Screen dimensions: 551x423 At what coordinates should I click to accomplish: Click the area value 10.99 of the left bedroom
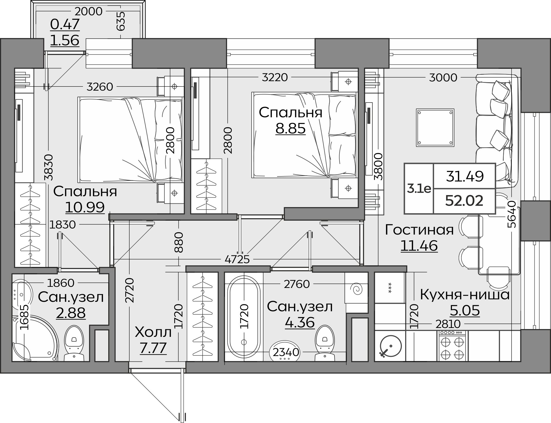(x=85, y=207)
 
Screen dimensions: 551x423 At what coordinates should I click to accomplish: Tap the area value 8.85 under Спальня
(x=291, y=128)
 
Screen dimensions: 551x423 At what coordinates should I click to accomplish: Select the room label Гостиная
(x=419, y=230)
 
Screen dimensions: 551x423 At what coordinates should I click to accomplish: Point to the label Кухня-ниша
(x=465, y=295)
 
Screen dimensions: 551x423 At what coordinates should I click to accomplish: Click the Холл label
(x=153, y=332)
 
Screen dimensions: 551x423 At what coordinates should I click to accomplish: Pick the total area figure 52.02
(x=464, y=201)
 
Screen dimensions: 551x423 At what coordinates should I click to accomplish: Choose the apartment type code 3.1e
(x=419, y=189)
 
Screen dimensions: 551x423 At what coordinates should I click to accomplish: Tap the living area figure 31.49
(x=465, y=176)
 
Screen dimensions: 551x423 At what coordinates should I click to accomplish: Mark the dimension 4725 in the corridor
(x=237, y=259)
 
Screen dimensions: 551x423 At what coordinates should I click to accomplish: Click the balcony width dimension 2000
(x=89, y=11)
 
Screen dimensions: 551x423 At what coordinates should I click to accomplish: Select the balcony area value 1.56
(x=65, y=40)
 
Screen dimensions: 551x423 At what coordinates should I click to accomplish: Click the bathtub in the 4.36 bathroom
(x=244, y=317)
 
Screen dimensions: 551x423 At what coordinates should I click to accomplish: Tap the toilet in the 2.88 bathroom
(x=74, y=343)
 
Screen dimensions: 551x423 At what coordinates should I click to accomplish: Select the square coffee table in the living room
(x=435, y=128)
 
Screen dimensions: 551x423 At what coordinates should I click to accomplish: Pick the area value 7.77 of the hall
(x=153, y=348)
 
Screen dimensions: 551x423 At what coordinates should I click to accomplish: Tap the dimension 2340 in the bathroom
(x=286, y=352)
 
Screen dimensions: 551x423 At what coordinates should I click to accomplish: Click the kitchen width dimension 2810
(x=448, y=324)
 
